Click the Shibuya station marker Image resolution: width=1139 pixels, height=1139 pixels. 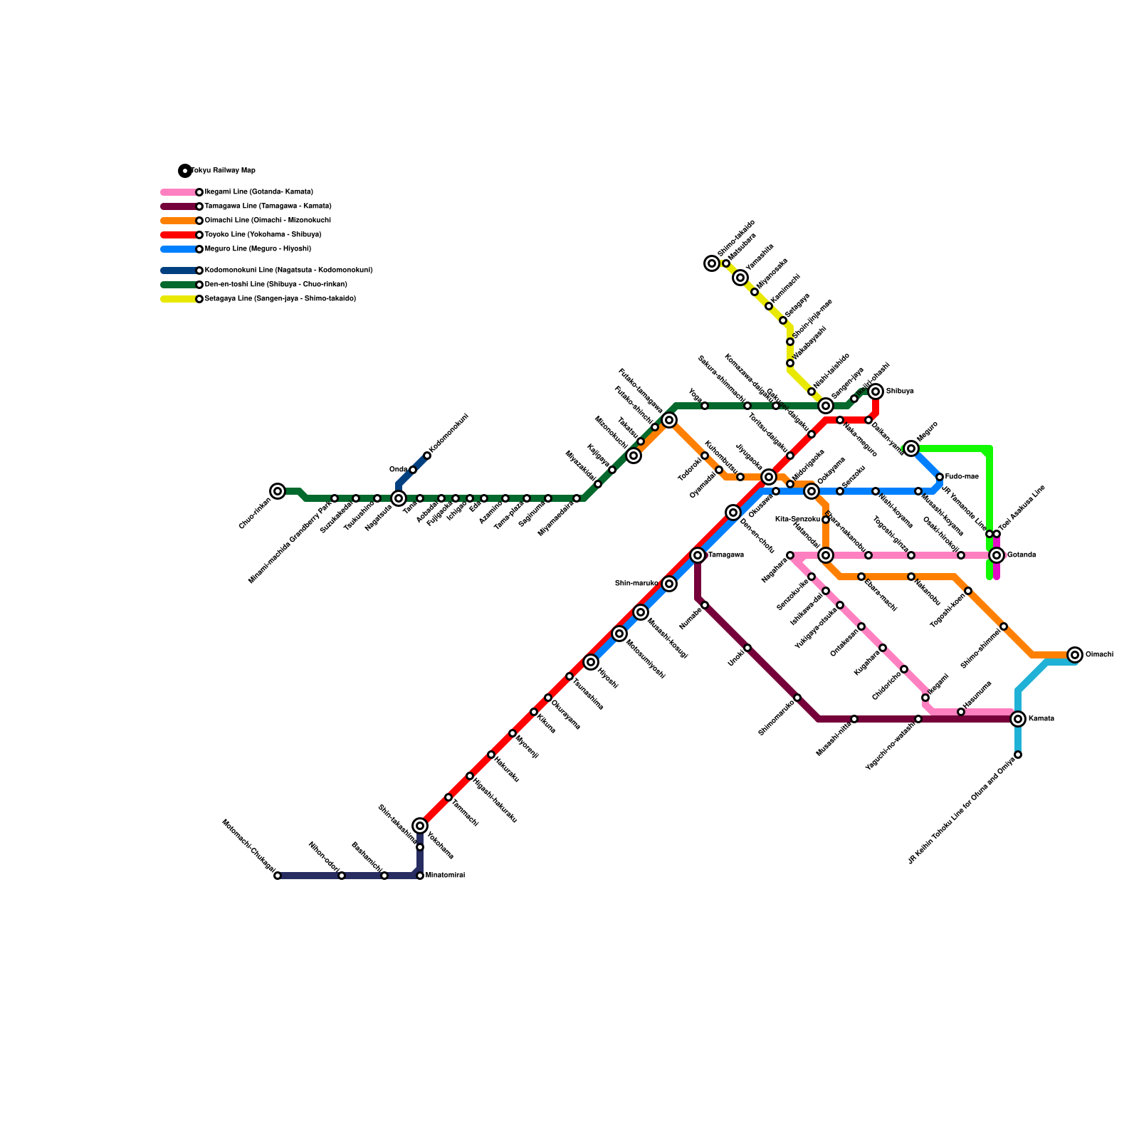point(876,392)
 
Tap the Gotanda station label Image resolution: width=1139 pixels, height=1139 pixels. point(1022,555)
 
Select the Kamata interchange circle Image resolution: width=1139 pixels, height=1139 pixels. point(1018,719)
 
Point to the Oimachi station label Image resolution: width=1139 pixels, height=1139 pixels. point(1099,654)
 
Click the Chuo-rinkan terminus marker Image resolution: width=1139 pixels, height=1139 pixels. point(278,491)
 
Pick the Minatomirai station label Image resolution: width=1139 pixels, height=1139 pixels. point(445,876)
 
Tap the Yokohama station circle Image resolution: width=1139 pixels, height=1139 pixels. point(420,826)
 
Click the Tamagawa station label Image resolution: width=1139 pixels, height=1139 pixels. point(726,555)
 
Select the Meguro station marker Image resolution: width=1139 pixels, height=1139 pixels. point(911,448)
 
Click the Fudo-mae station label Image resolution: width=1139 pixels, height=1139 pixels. point(962,476)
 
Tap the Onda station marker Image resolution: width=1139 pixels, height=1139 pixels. point(413,470)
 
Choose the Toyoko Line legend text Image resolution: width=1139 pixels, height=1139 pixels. point(263,234)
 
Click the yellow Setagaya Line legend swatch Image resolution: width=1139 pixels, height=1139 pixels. point(178,299)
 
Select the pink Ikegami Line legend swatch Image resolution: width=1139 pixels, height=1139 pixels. point(178,192)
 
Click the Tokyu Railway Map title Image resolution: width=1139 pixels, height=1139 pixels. point(223,170)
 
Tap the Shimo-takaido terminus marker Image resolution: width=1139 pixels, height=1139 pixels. point(712,263)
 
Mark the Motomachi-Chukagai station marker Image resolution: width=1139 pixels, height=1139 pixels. point(278,876)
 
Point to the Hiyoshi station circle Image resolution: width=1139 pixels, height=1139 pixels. point(591,662)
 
